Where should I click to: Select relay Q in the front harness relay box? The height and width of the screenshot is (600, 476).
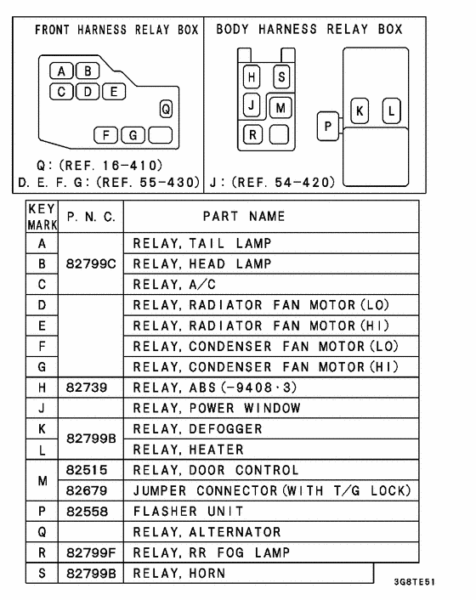[166, 109]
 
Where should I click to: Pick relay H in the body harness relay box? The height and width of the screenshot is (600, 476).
[252, 77]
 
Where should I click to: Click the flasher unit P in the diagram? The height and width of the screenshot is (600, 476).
[327, 126]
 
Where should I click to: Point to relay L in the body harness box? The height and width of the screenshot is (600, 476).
[391, 111]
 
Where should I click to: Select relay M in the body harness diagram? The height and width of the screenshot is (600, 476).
[280, 107]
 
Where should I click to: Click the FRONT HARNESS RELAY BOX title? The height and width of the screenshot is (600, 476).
[116, 30]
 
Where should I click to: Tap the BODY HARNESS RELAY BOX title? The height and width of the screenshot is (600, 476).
[309, 30]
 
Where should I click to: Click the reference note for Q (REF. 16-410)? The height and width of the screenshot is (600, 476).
[100, 165]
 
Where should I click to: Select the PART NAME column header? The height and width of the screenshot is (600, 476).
[244, 217]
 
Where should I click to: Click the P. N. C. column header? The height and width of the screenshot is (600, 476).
[91, 217]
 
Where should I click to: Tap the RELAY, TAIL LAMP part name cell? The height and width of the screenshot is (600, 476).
[201, 244]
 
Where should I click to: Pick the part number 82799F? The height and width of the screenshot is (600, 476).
[91, 552]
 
